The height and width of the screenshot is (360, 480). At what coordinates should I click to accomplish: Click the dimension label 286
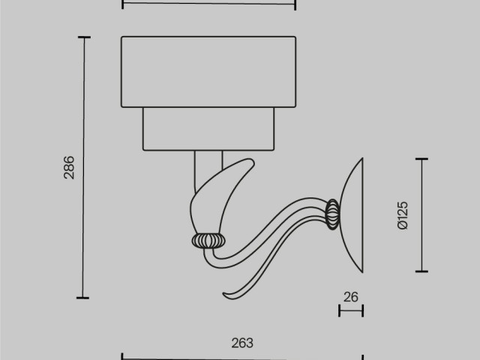point(69,167)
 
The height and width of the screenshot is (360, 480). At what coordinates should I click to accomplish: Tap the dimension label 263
point(242,343)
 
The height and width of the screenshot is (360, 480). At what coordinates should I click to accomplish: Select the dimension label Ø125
point(403,215)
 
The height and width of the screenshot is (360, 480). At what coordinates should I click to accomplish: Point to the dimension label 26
point(350,297)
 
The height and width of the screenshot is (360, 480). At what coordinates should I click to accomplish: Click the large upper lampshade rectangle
point(208,72)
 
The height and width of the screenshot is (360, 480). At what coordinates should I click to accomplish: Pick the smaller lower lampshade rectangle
point(208,129)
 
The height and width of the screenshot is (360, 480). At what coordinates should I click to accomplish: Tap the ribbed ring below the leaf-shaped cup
point(208,241)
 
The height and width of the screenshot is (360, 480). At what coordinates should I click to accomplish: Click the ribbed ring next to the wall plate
point(332,214)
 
